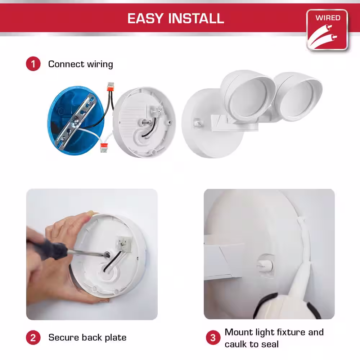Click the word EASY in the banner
(145, 18)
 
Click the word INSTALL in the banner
(196, 18)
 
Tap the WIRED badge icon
(327, 30)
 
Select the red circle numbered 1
(33, 64)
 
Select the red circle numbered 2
(33, 338)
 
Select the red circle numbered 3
(213, 338)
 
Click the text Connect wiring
(81, 64)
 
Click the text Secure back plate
(87, 338)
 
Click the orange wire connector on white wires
(104, 147)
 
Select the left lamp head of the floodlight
(248, 96)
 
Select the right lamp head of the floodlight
(298, 96)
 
